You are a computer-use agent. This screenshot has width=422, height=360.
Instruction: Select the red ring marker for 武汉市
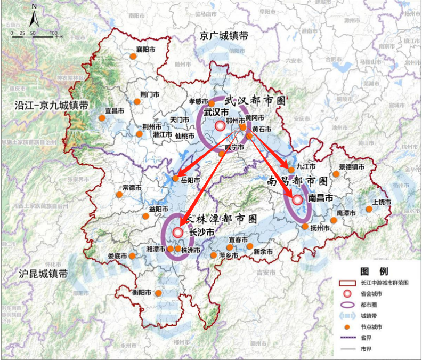coord(221,126)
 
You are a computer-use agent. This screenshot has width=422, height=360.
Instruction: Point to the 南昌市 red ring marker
coord(297,200)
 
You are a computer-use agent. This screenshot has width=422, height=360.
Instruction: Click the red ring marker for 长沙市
coord(177,233)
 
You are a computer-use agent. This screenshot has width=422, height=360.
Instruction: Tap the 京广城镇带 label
coord(224,36)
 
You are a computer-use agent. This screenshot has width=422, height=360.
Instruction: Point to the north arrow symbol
coord(34,16)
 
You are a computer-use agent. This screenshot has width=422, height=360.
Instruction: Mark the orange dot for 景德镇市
coord(336,174)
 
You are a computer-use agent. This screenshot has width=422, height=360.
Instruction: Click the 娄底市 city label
coord(117,257)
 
